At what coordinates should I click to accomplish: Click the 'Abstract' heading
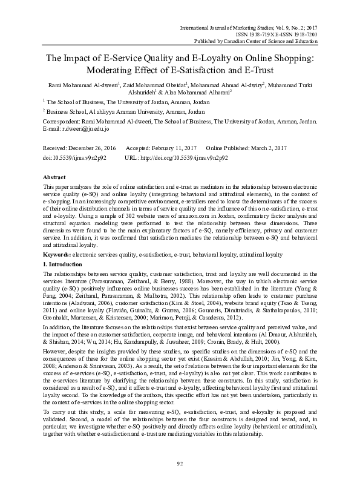pyautogui.click(x=54, y=176)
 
